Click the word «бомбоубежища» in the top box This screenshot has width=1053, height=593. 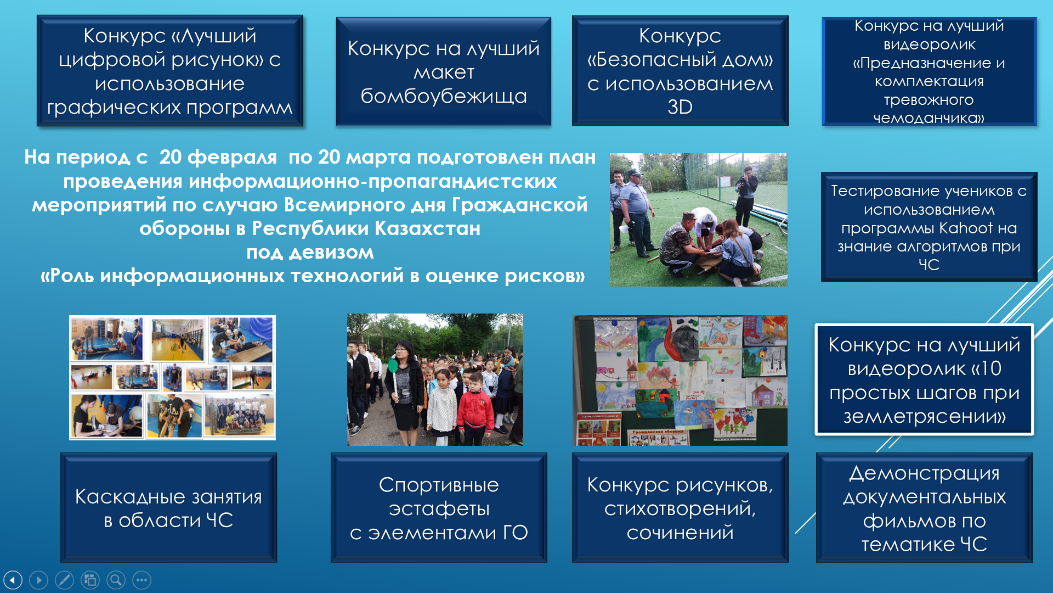coord(444,97)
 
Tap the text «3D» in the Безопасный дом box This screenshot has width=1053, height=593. coord(680,107)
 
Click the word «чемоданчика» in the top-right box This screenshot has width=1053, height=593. coord(929,118)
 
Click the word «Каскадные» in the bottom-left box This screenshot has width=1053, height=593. coord(130,497)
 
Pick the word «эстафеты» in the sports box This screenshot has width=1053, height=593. coord(439,509)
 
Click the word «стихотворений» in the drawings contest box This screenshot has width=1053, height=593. coord(680,509)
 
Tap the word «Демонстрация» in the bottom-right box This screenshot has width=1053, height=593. coord(924,473)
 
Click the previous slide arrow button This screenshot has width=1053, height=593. coord(13,580)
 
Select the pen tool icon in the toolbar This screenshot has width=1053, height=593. coord(64,580)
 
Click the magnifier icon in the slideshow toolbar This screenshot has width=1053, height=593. coord(116,580)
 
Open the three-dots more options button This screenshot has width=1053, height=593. coord(141,580)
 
